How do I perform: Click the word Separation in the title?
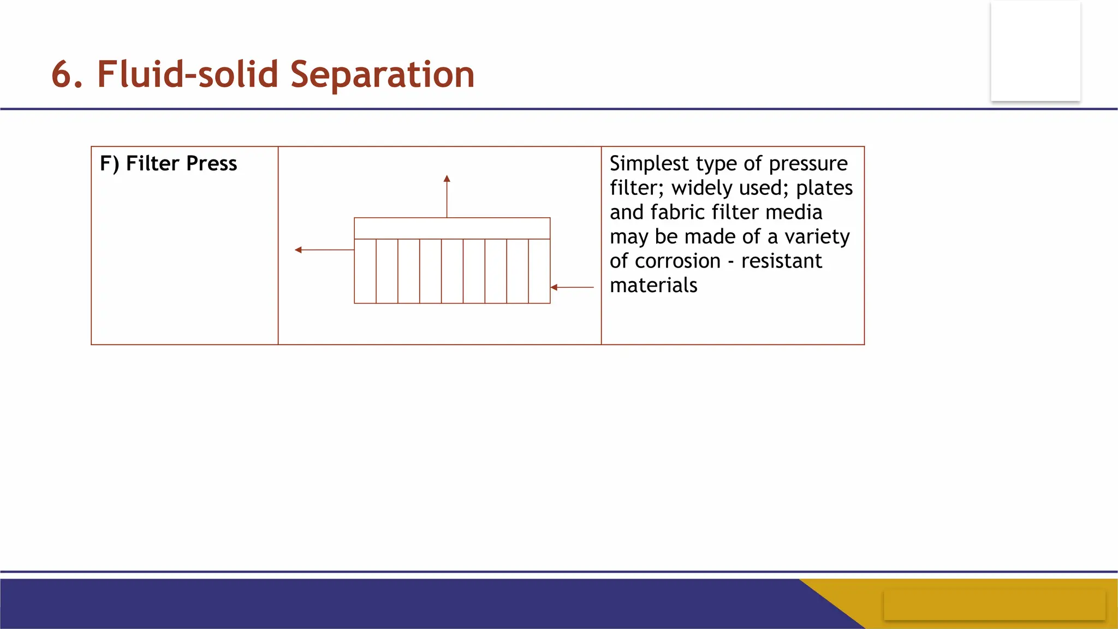click(x=382, y=75)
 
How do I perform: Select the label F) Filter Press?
click(x=168, y=164)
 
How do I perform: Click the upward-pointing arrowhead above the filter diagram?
click(x=447, y=179)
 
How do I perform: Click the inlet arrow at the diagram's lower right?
click(x=572, y=287)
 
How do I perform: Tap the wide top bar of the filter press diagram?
click(x=452, y=228)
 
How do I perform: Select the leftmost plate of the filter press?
click(x=365, y=271)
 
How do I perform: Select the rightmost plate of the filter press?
click(x=539, y=271)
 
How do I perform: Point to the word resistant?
click(x=781, y=261)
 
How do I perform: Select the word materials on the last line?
click(x=653, y=286)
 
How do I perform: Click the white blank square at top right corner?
click(x=1036, y=51)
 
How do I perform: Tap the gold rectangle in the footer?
click(x=994, y=605)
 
